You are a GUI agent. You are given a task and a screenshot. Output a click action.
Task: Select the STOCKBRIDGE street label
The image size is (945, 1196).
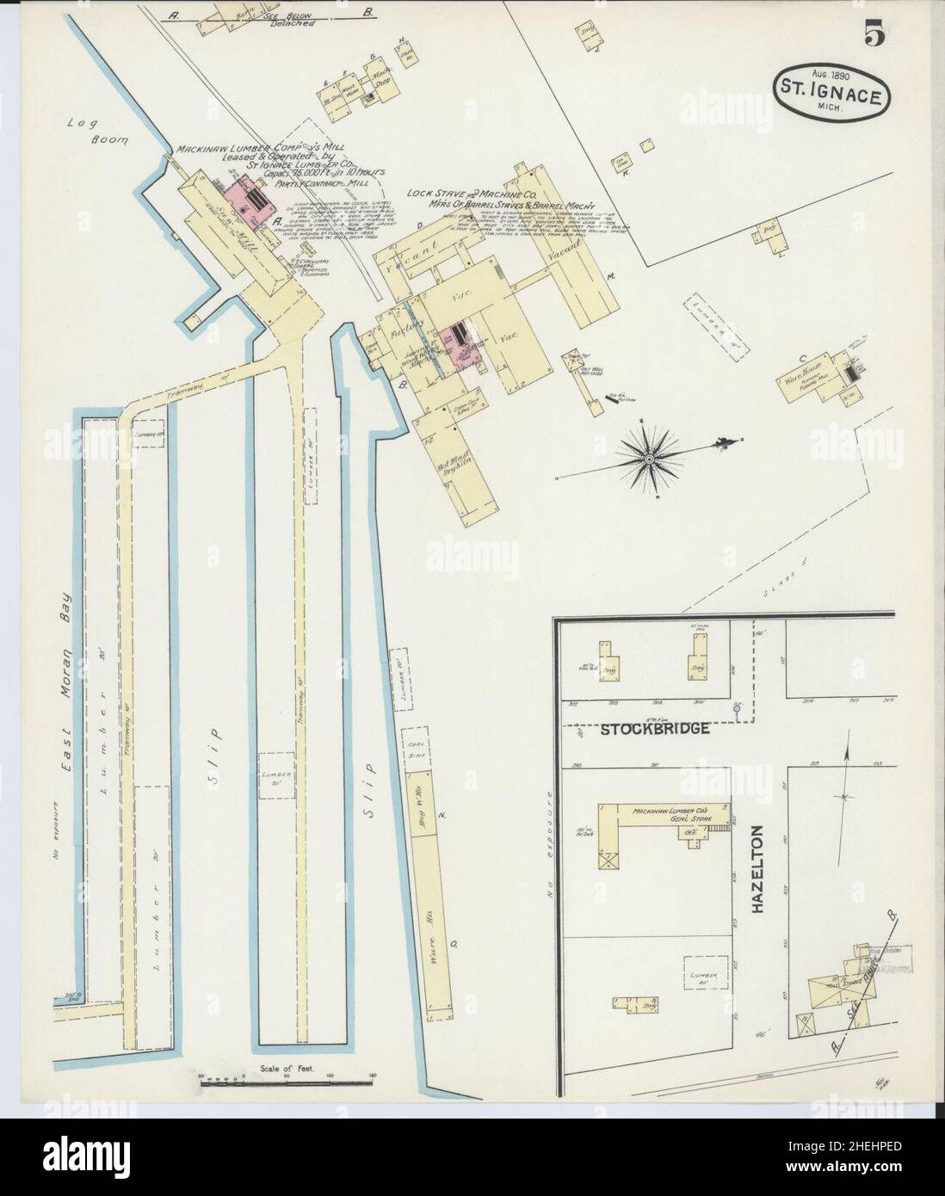pyautogui.click(x=655, y=729)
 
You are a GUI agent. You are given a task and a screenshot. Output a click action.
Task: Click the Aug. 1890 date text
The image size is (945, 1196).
pyautogui.click(x=828, y=77)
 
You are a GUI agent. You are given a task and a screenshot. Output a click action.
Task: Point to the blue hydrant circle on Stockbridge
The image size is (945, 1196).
pyautogui.click(x=737, y=708)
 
